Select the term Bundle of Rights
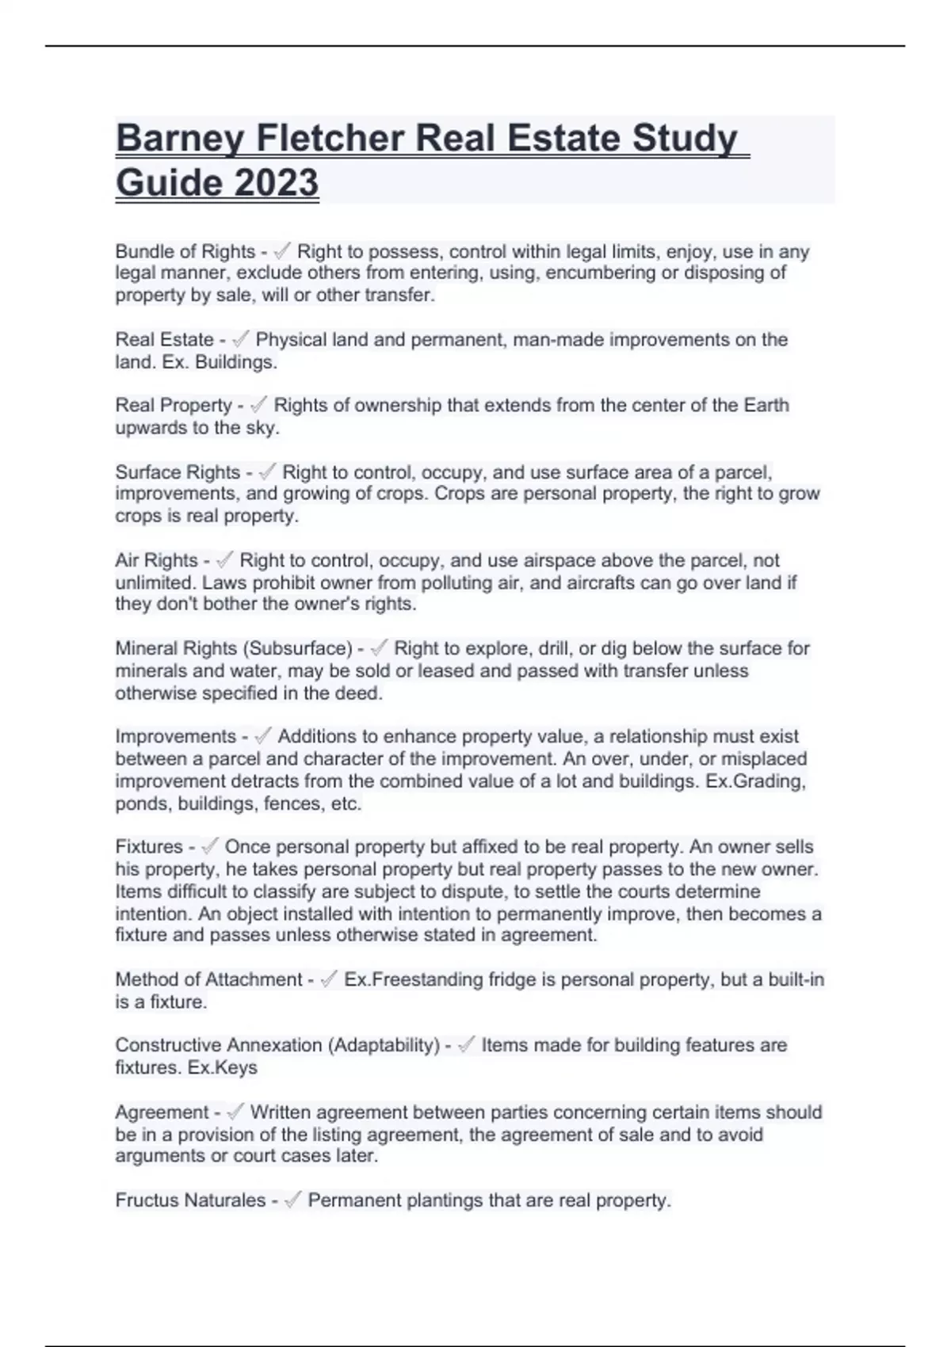[185, 252]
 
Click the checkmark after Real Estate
[240, 340]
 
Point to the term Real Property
[173, 406]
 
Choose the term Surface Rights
[178, 472]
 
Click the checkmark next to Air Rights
[224, 560]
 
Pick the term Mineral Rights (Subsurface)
[234, 648]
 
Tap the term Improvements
[175, 737]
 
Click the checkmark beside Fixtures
[209, 847]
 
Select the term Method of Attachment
[208, 979]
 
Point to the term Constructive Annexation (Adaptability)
[277, 1045]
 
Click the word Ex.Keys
[223, 1067]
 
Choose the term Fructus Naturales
[190, 1200]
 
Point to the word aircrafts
[607, 582]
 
